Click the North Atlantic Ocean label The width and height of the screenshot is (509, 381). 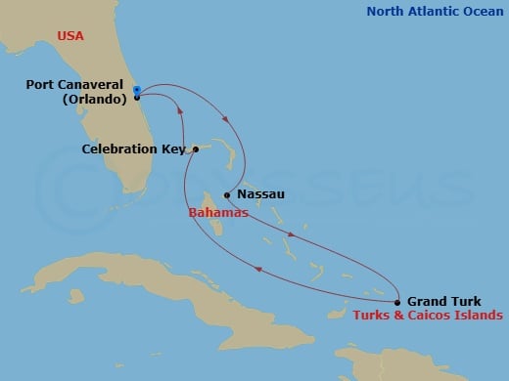coord(437,12)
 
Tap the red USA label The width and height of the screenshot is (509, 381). coord(70,36)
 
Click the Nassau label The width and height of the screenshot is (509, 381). coord(261,194)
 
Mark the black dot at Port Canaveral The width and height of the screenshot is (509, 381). coord(137,98)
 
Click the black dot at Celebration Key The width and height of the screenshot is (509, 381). coord(196,149)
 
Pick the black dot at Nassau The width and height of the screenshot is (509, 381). coord(227,194)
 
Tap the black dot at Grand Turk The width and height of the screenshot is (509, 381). coord(397,302)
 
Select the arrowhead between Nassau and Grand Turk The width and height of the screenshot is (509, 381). coord(293,235)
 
